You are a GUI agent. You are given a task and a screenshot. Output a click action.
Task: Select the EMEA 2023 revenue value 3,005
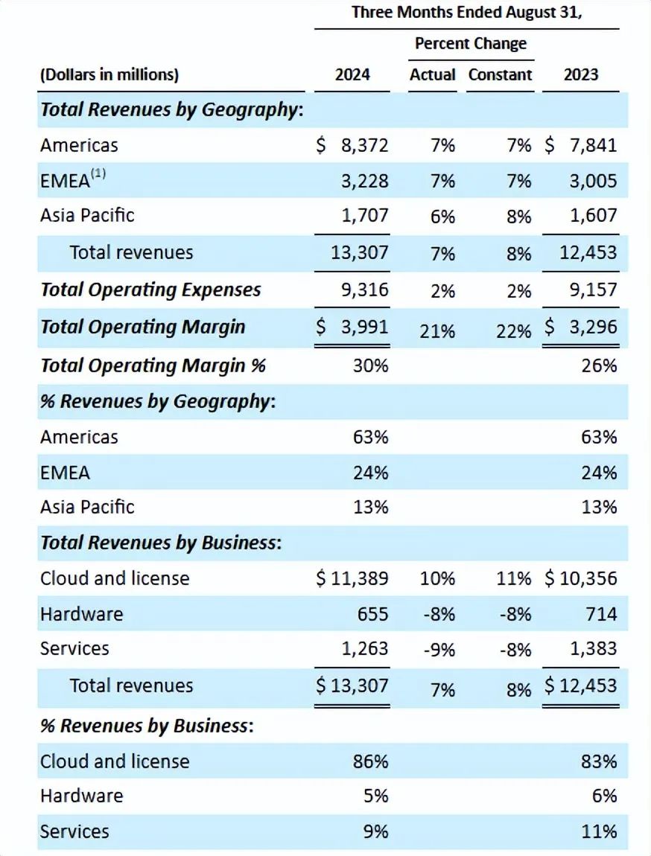click(593, 181)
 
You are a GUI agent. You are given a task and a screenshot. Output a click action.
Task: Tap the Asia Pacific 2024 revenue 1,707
click(365, 216)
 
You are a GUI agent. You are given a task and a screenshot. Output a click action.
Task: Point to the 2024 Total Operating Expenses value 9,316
click(365, 290)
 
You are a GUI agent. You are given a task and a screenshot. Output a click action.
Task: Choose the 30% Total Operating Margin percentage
click(371, 365)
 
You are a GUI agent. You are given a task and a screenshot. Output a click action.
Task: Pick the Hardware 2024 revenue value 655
click(372, 614)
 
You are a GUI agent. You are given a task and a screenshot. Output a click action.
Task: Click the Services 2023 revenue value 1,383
click(593, 648)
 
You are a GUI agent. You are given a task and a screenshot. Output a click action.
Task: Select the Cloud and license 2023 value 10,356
click(588, 578)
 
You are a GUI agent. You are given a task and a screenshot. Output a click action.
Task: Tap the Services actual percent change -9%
click(439, 650)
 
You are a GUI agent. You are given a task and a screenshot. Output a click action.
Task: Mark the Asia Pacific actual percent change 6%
click(442, 217)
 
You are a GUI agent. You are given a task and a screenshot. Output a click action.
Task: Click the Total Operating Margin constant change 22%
click(514, 331)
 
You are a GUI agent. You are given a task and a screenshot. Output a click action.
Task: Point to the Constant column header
click(501, 75)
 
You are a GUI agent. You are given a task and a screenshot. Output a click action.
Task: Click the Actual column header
click(433, 75)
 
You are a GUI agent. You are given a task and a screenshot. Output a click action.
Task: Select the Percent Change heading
click(471, 43)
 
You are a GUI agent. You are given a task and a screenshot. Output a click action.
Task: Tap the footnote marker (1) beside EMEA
click(98, 175)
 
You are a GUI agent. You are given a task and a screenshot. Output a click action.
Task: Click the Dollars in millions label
click(109, 75)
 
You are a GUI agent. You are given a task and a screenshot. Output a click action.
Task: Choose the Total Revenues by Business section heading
click(160, 543)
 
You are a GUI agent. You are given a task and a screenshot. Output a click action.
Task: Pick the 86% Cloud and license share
click(371, 761)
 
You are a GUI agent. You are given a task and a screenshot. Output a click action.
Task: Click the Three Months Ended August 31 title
click(467, 13)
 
